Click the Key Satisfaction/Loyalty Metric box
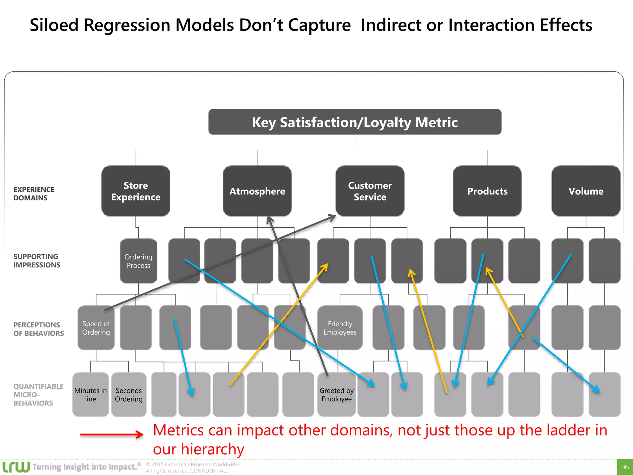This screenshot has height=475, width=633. (x=355, y=122)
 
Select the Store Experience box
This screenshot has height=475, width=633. (x=136, y=191)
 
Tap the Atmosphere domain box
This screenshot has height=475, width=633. (x=257, y=191)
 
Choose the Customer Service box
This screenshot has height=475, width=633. (x=370, y=191)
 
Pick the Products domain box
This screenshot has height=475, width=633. (x=487, y=191)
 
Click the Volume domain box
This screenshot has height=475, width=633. (x=586, y=191)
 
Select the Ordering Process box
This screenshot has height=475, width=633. (x=138, y=261)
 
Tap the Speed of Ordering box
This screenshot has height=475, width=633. (x=96, y=328)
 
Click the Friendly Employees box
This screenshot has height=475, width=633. (x=340, y=328)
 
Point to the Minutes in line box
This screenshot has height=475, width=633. (x=90, y=395)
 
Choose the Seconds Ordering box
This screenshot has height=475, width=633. (x=129, y=395)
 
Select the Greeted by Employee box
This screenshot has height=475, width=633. (x=336, y=395)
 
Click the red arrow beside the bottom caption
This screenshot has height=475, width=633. (x=111, y=434)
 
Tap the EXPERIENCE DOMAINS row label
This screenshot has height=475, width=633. (x=34, y=194)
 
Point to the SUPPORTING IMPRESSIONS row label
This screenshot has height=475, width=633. (x=36, y=261)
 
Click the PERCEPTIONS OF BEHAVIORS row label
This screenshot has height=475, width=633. (x=38, y=329)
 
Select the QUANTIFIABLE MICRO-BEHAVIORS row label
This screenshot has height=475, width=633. (x=38, y=395)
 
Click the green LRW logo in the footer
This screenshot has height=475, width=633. (x=16, y=467)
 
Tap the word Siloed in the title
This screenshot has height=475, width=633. (x=54, y=25)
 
